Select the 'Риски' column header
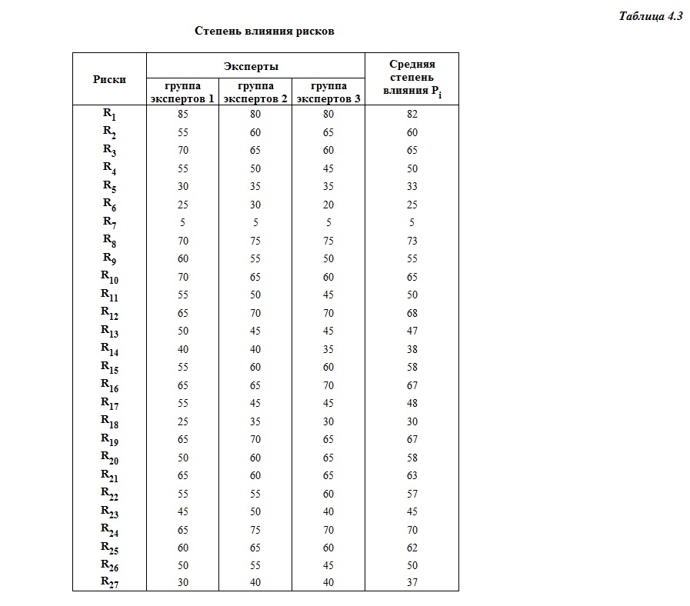click(109, 78)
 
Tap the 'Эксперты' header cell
click(255, 67)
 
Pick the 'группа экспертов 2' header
click(255, 92)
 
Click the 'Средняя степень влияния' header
click(412, 78)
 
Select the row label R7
click(109, 223)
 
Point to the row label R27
click(109, 583)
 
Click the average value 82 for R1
click(412, 115)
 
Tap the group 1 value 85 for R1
click(182, 114)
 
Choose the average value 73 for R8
click(412, 241)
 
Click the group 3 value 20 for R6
click(328, 205)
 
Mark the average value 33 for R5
click(412, 187)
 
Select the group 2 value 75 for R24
click(255, 529)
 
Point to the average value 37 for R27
click(412, 583)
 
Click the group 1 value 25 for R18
click(182, 421)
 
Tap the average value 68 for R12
click(412, 313)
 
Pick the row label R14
click(109, 349)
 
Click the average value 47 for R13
click(412, 331)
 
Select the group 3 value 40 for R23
click(328, 511)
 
